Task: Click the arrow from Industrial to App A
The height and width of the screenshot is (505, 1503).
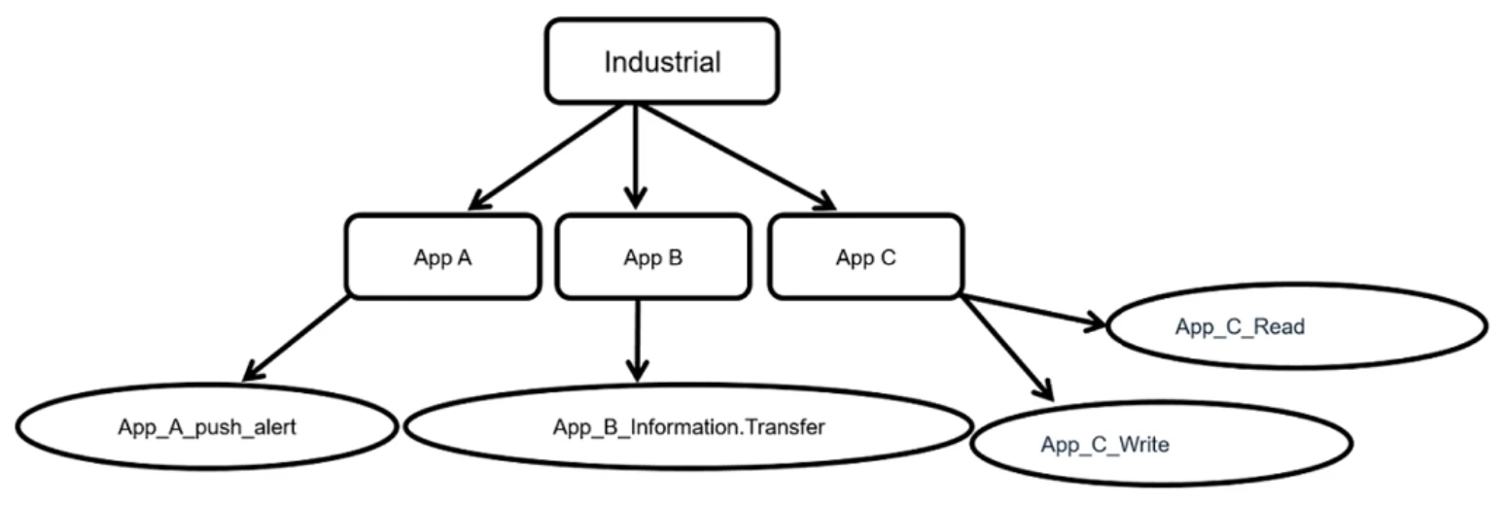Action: (x=546, y=155)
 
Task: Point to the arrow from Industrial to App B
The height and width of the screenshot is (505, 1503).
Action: (x=636, y=155)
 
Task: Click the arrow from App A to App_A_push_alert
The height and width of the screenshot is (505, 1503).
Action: (x=296, y=338)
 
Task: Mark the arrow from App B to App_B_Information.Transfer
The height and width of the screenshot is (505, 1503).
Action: (x=637, y=340)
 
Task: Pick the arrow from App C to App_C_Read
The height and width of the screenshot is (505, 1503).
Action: (x=1034, y=311)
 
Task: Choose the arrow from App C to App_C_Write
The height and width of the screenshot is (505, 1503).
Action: (x=1006, y=348)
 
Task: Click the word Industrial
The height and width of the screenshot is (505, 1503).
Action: (x=662, y=62)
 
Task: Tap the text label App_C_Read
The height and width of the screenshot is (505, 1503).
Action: (x=1240, y=327)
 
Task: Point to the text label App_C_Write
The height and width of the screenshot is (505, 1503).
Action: (x=1104, y=446)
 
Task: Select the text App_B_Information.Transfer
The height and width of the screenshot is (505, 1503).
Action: (x=688, y=426)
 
